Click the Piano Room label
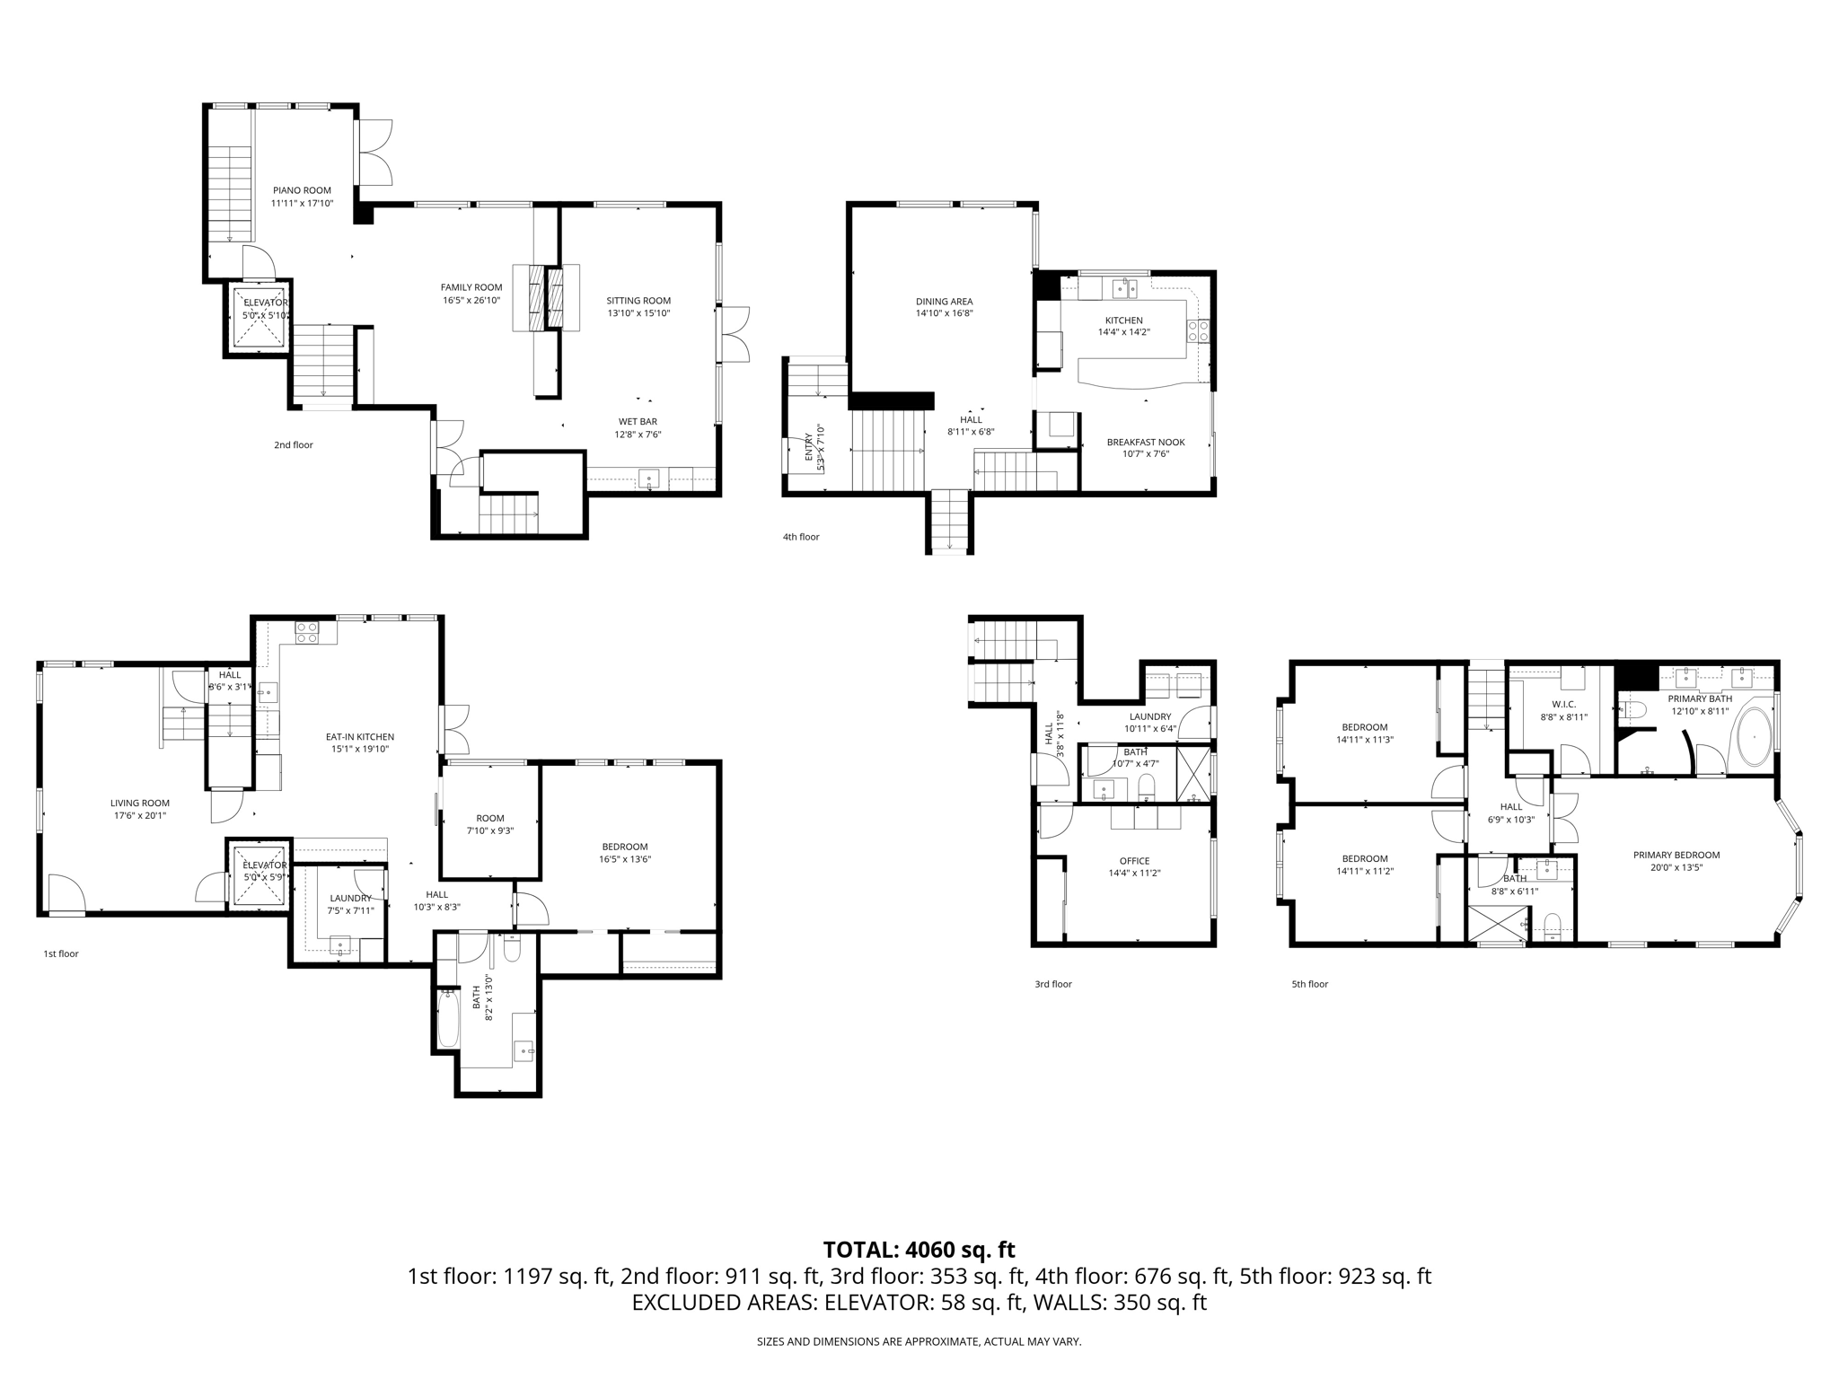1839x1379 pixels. tap(302, 190)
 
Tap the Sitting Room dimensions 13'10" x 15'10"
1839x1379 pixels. tap(638, 313)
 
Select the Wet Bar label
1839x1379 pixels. tap(638, 422)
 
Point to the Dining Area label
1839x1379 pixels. tap(944, 302)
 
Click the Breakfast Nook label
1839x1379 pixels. tap(1145, 442)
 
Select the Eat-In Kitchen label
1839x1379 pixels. tap(359, 737)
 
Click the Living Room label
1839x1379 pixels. tap(139, 804)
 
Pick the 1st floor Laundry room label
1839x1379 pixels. tap(350, 898)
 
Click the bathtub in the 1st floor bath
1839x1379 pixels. tap(448, 1019)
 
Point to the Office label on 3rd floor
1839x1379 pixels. tap(1134, 861)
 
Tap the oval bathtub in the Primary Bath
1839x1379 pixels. tap(1753, 737)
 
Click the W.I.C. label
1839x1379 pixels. tap(1563, 705)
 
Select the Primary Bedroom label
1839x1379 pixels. tap(1676, 855)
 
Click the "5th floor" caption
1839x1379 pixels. tap(1309, 984)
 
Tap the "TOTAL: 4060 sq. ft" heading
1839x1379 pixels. tap(919, 1250)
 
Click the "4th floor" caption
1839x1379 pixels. tap(801, 537)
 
